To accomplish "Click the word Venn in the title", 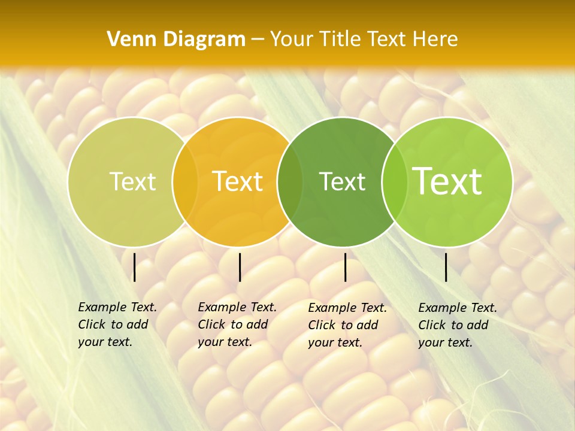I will pos(127,40).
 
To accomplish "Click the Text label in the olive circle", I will pos(132,182).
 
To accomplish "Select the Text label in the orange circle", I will pos(238,182).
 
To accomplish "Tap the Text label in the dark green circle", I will pos(342,182).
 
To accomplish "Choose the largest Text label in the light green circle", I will pos(447,182).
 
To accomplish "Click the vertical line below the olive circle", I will pos(134,267).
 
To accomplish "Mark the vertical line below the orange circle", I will pos(240,267).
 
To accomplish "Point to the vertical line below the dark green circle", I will pos(346,267).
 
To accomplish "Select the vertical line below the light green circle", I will pos(446,267).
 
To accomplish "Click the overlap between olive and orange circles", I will pos(185,182).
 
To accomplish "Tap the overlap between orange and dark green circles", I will pos(290,182).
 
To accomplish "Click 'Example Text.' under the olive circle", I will pos(117,307).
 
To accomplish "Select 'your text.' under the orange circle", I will pos(225,342).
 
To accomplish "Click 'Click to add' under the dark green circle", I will pos(343,325).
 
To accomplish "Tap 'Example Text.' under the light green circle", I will pos(458,308).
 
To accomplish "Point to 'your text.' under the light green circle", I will pos(445,342).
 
